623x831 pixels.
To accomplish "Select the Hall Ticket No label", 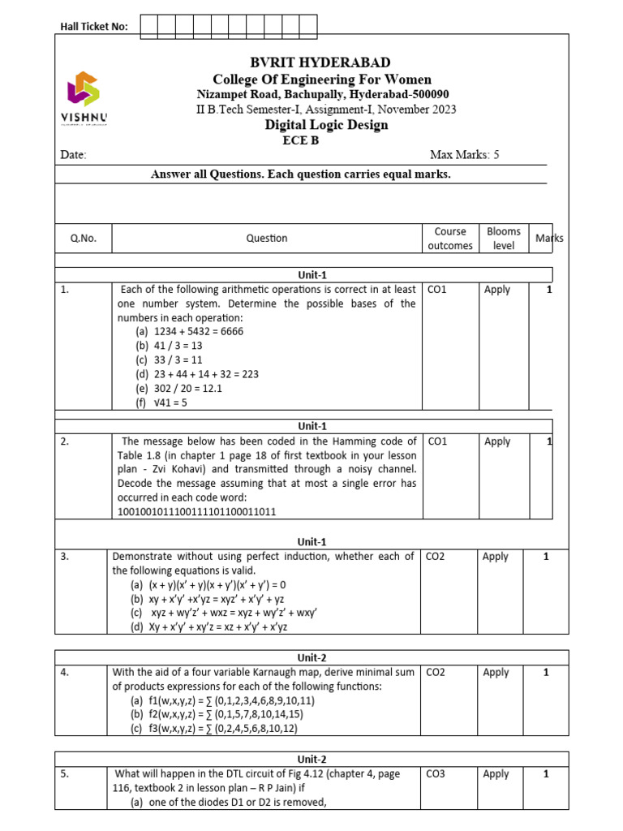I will pos(94,27).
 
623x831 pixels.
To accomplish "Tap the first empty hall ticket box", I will pos(148,26).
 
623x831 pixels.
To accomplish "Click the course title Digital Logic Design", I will pos(326,124).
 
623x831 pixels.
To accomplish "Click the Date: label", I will pos(73,155).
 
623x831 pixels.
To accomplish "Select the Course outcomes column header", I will pos(449,239).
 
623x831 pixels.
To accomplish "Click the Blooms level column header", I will pos(503,239).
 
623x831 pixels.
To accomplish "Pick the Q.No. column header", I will pos(83,239).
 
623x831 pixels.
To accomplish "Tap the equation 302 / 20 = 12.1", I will pos(187,388).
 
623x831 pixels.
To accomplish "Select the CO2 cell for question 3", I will pos(435,557).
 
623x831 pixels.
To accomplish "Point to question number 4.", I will pos(64,673).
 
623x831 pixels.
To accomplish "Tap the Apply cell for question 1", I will pos(496,290).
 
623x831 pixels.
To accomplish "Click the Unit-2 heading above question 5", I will pos(311,760).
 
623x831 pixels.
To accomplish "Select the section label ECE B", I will pos(300,140).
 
